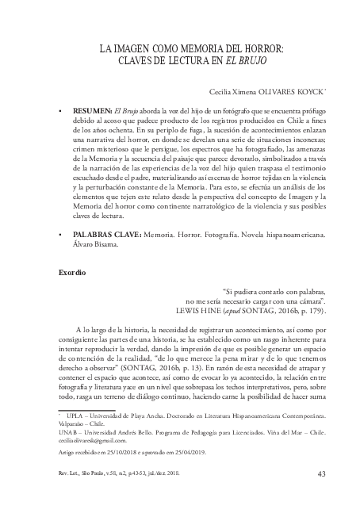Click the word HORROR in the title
tap(265, 49)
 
